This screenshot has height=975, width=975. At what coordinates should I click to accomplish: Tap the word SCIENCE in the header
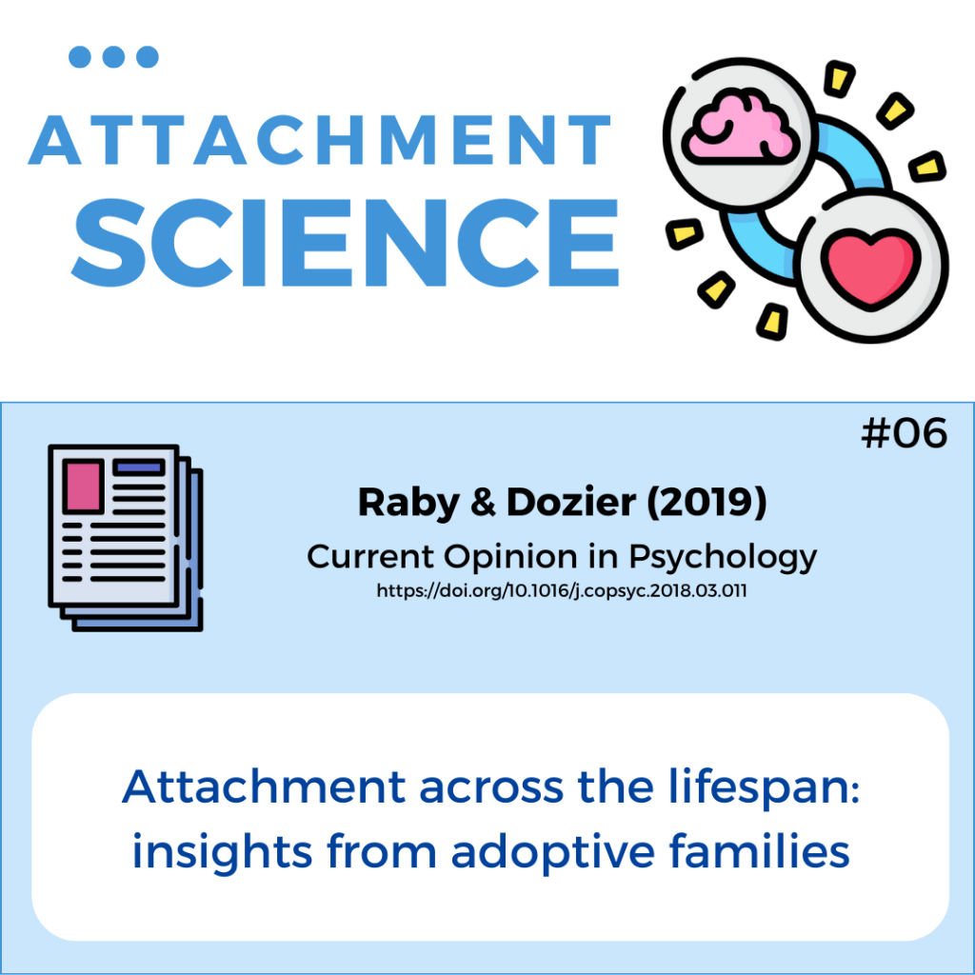(x=346, y=243)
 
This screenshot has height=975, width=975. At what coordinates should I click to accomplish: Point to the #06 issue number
(x=905, y=433)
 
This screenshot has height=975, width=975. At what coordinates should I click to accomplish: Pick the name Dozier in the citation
(x=571, y=502)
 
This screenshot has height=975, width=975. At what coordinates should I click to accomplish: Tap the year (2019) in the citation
(x=707, y=503)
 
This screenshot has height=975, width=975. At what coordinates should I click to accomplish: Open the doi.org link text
(x=562, y=590)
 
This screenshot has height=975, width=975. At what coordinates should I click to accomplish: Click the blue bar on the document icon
(x=139, y=467)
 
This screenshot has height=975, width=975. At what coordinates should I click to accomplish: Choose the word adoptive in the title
(x=553, y=853)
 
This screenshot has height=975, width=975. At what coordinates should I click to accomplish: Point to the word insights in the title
(x=222, y=853)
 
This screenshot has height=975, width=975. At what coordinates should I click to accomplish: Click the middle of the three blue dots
(x=113, y=56)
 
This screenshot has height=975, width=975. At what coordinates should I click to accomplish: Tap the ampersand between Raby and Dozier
(x=484, y=503)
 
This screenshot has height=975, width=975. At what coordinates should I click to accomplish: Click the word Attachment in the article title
(x=265, y=786)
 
